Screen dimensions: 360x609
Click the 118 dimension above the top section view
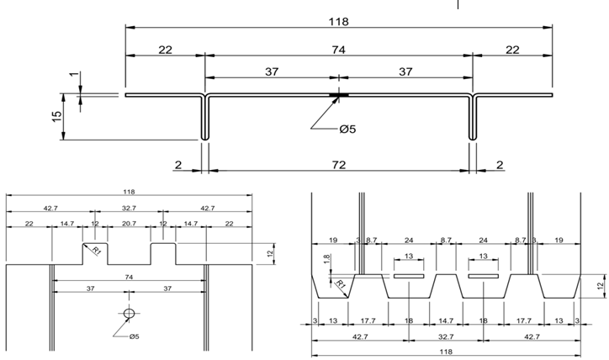click(x=339, y=20)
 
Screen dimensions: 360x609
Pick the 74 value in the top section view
click(x=338, y=50)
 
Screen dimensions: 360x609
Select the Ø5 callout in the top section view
click(x=348, y=129)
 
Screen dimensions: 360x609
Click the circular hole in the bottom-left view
click(x=128, y=313)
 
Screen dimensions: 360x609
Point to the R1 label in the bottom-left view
click(x=97, y=250)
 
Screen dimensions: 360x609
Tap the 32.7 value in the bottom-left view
click(x=128, y=207)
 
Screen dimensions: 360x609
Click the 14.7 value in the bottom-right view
click(x=446, y=320)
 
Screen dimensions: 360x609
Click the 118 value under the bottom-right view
click(x=447, y=352)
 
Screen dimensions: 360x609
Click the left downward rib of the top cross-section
click(x=204, y=118)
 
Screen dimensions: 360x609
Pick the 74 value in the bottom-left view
click(x=128, y=276)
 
